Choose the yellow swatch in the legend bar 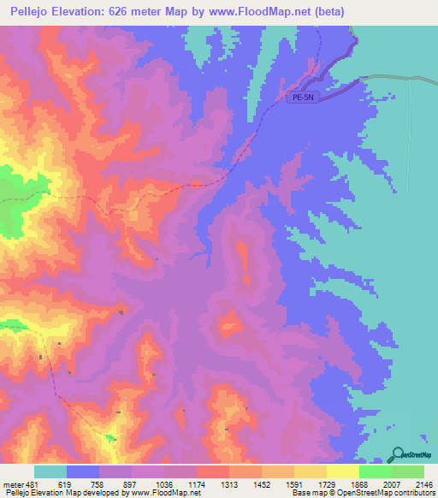pyautogui.click(x=342, y=471)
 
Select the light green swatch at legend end pyautogui.click(x=407, y=471)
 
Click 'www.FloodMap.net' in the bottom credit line pyautogui.click(x=163, y=493)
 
